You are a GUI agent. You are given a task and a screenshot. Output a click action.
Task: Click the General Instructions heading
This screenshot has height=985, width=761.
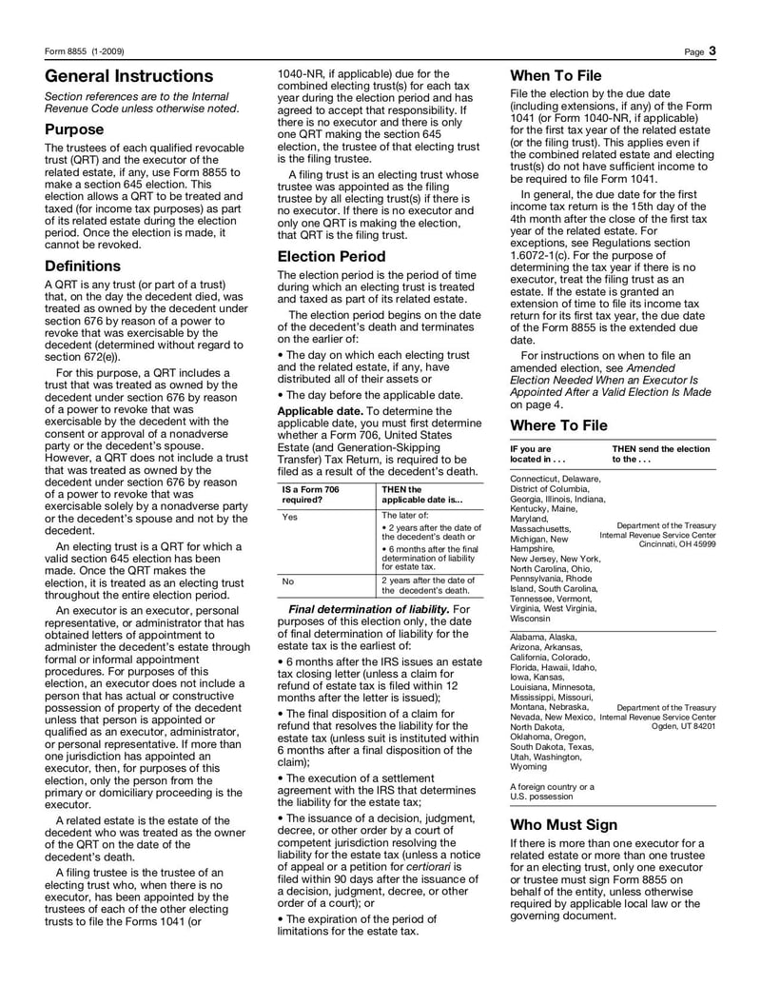[x=129, y=76]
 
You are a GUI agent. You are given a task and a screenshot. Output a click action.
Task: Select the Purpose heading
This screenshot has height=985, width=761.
[x=74, y=128]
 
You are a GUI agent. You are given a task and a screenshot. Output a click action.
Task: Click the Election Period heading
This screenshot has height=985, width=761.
[x=331, y=256]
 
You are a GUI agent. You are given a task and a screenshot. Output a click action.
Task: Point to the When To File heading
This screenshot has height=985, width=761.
[x=556, y=76]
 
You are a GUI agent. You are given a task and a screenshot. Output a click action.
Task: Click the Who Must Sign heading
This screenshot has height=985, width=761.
[x=564, y=824]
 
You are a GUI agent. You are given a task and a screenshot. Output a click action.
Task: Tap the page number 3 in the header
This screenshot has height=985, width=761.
[x=712, y=50]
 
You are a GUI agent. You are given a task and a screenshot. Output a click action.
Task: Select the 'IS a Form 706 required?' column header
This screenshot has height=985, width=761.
[x=310, y=494]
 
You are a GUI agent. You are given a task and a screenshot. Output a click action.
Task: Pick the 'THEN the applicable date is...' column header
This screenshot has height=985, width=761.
[x=421, y=494]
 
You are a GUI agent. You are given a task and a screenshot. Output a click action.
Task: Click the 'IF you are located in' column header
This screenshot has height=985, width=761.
[x=537, y=453]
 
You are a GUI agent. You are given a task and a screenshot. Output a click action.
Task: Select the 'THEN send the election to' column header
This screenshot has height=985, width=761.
[x=660, y=453]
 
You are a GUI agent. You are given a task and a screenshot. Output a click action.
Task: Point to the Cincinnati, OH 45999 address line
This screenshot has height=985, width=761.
[x=677, y=545]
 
